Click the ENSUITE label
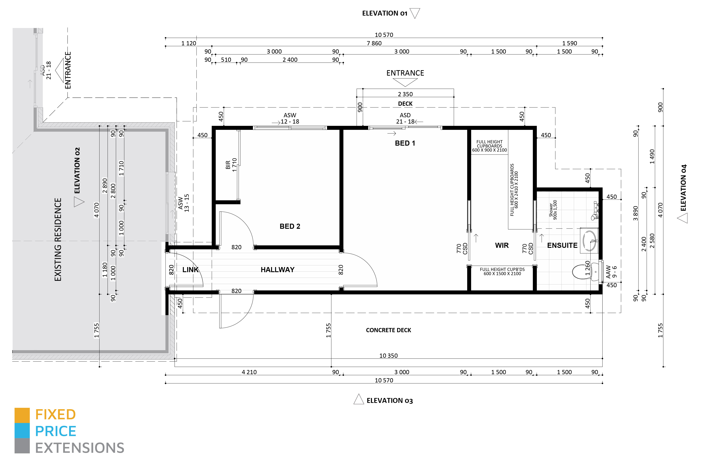coord(562,245)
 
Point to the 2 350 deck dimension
coord(405,94)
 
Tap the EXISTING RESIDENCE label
coord(58,239)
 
